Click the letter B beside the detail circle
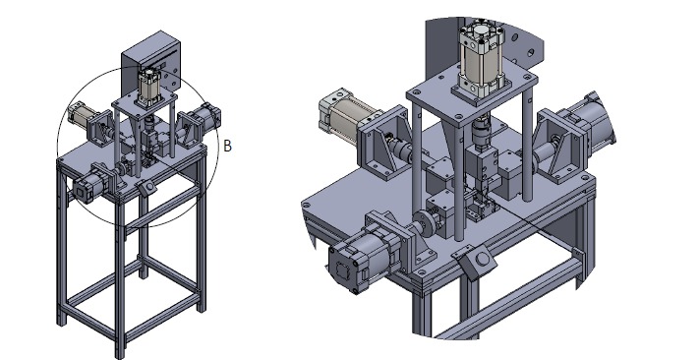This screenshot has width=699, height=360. point(227,146)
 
